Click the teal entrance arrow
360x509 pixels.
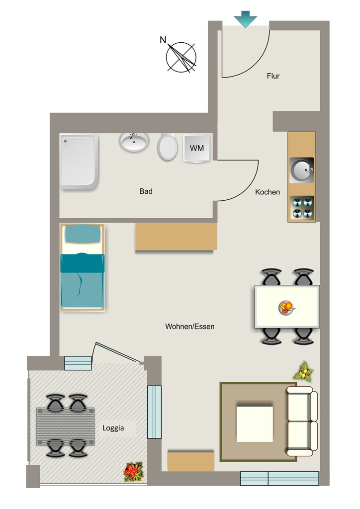(x=245, y=19)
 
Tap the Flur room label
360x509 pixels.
(x=273, y=76)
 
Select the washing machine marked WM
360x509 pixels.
(x=197, y=148)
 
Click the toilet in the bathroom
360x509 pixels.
(x=168, y=147)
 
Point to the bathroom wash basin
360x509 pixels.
(x=134, y=142)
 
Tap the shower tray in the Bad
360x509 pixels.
(x=79, y=162)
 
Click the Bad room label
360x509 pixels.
(x=146, y=191)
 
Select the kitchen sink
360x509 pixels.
(x=301, y=170)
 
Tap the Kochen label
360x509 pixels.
(x=268, y=192)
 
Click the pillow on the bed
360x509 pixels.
(x=83, y=233)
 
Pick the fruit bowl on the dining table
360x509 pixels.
(x=286, y=307)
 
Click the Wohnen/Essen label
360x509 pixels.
(x=190, y=327)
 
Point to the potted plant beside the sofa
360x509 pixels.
(x=303, y=371)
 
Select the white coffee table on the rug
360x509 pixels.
(x=255, y=424)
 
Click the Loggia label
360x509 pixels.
(x=113, y=428)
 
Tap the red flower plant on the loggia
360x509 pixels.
(x=133, y=472)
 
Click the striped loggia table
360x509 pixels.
(x=65, y=426)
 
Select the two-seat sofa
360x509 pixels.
(x=302, y=422)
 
